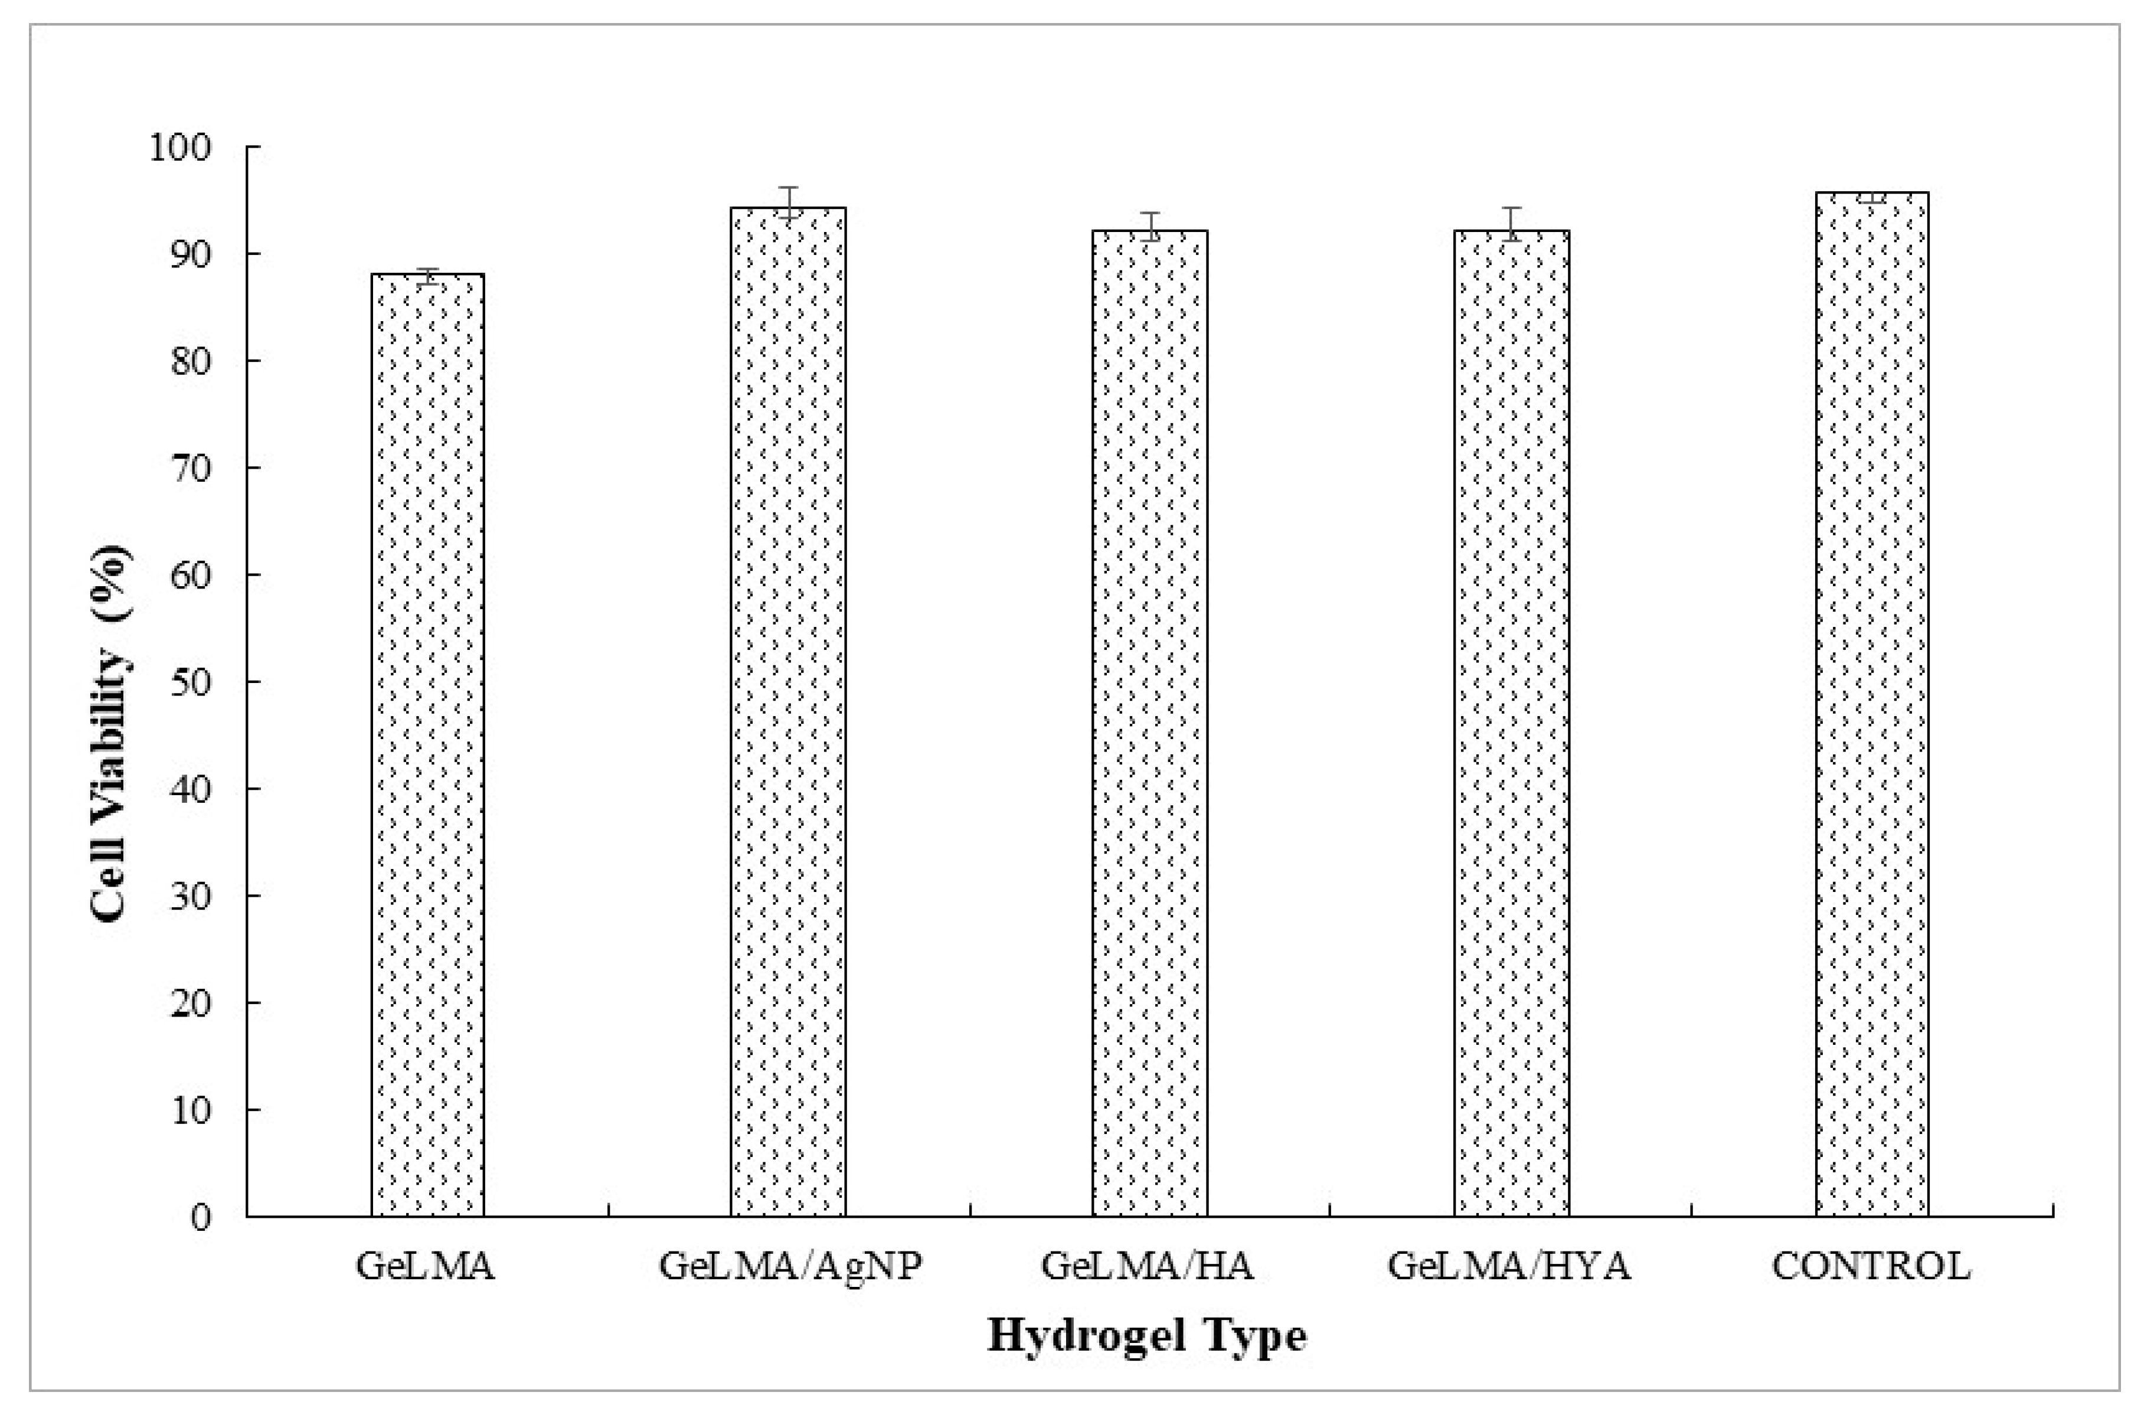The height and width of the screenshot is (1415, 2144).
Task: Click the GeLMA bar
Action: coord(428,744)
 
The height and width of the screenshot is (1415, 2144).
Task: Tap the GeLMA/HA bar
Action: coord(1149,723)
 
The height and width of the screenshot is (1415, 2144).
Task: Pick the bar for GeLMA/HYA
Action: coord(1511,723)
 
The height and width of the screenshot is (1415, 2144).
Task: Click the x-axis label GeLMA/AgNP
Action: coord(790,1266)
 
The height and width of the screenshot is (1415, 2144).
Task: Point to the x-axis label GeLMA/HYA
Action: coord(1509,1266)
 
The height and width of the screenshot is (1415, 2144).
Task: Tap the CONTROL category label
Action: coord(1871,1266)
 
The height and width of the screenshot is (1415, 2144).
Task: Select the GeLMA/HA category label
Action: coord(1148,1266)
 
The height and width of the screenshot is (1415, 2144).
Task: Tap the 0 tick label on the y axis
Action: coord(200,1217)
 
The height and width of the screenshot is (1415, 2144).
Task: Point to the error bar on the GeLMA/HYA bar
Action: coord(1511,224)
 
